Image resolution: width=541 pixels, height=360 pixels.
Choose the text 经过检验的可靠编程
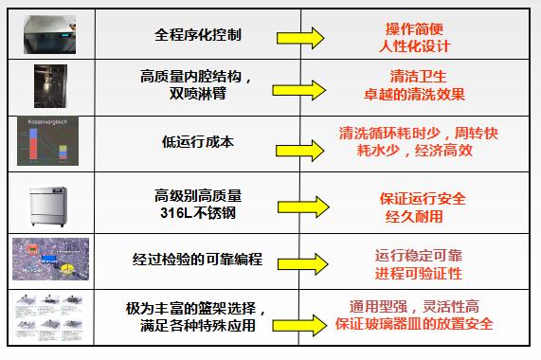click(200, 259)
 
